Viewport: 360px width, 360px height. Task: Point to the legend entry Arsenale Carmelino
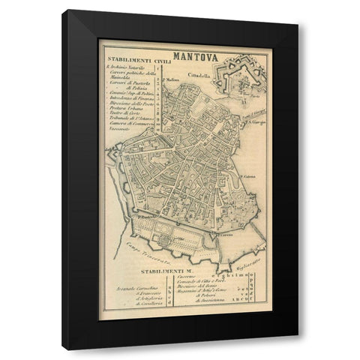coord(138,286)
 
